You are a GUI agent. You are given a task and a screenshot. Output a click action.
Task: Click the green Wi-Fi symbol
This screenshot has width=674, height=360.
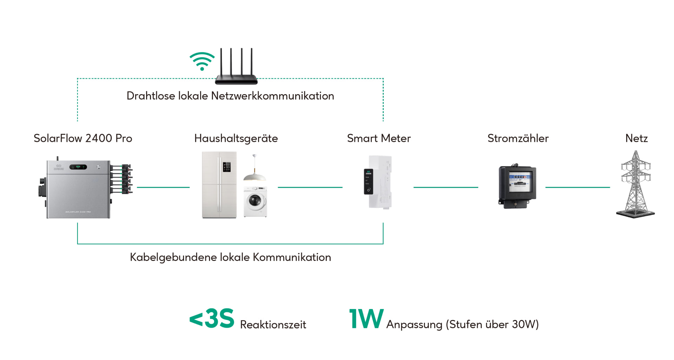coord(202,61)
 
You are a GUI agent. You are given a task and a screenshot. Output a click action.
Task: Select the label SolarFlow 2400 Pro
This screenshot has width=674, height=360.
coord(83,138)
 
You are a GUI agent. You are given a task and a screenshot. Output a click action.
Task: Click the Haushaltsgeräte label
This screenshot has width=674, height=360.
coord(236,138)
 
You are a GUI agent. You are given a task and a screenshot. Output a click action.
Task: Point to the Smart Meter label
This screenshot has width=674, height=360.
coord(379,138)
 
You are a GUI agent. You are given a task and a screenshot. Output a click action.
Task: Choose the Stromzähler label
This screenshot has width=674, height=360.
coord(518,138)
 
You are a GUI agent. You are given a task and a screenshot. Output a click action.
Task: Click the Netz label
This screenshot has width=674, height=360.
coord(636,138)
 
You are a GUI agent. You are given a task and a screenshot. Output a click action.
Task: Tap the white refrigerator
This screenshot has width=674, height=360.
coord(219,185)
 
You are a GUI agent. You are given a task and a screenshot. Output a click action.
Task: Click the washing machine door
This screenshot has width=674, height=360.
coord(255,201)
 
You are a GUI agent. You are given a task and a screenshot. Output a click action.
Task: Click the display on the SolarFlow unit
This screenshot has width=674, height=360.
coord(78,167)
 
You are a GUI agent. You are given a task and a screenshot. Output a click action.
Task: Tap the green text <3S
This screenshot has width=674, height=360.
coord(212,319)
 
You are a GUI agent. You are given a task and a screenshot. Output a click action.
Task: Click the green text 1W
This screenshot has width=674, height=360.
coord(366,319)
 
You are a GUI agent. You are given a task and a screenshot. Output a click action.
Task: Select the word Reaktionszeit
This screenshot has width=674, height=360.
coord(273,325)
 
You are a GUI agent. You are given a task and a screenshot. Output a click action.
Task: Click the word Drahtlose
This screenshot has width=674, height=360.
coord(151,96)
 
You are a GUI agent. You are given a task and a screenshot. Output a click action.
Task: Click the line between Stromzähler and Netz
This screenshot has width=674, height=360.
coord(577,187)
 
